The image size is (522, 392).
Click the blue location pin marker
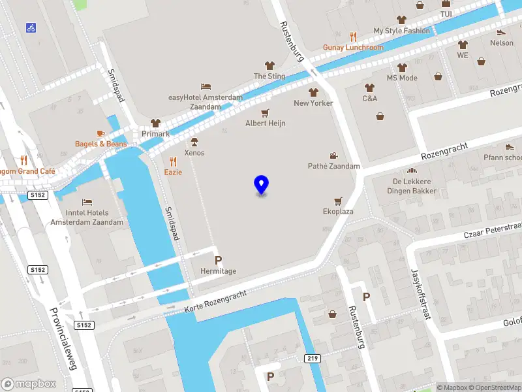coord(261,185)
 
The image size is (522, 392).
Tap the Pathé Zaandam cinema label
coord(333,166)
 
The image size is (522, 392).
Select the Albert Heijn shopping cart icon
coord(265,112)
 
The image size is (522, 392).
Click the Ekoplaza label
coord(338,212)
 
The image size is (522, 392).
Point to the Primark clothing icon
coord(155,123)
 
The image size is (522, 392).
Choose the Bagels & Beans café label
coord(100,144)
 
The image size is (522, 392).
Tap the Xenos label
coord(194,153)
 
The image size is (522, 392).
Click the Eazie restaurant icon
coord(173,161)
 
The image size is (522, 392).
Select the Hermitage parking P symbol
coord(218,260)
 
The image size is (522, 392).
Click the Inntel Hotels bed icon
coord(87,202)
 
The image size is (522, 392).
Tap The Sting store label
coord(269,76)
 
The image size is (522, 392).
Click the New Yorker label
coord(313,103)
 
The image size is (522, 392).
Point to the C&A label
coord(370,99)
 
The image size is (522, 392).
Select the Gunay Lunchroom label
coord(353,48)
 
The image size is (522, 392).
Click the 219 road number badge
coord(313,359)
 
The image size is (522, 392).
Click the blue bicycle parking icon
coord(31,27)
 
